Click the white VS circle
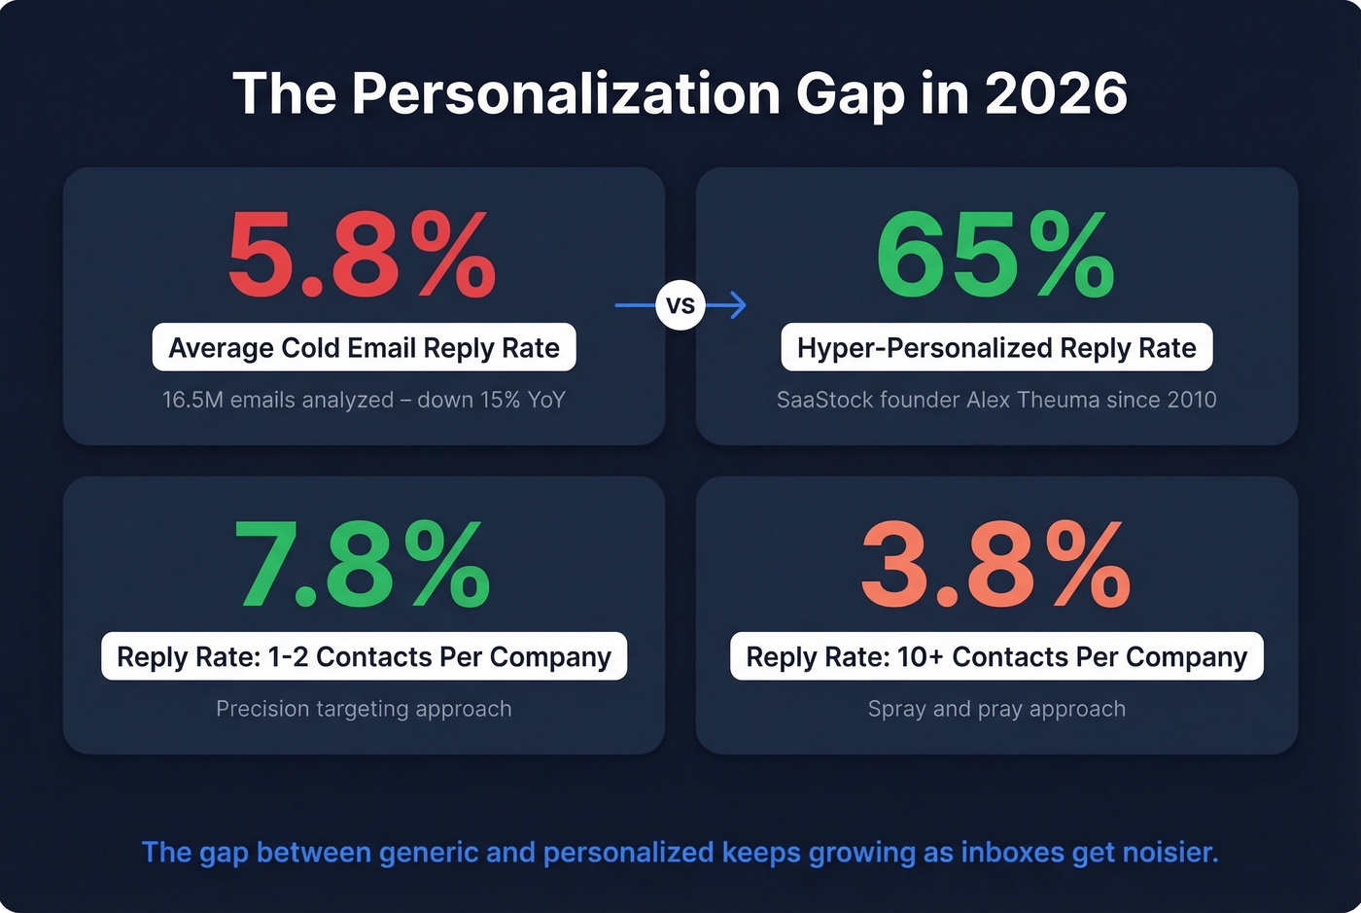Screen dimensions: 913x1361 click(680, 305)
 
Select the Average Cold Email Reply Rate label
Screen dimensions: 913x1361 click(364, 348)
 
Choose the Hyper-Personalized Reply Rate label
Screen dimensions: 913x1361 click(996, 348)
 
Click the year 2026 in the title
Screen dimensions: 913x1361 click(1056, 94)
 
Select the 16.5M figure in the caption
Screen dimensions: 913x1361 click(192, 400)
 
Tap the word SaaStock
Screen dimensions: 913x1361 click(824, 400)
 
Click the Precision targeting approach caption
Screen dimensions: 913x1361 click(364, 709)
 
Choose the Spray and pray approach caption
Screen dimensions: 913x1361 click(996, 709)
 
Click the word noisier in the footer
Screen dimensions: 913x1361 click(1169, 853)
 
